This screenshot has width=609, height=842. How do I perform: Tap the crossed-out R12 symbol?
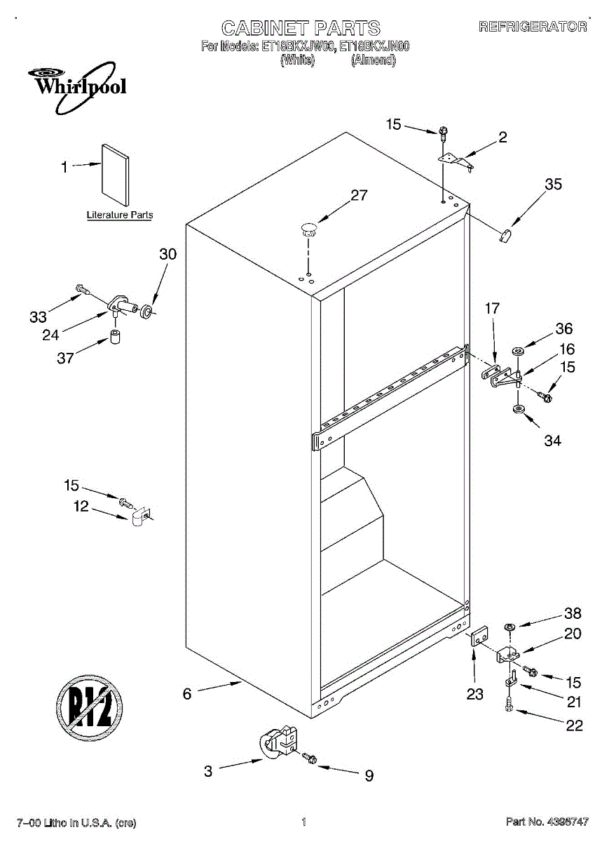pos(90,703)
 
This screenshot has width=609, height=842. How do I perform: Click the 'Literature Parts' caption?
pos(119,215)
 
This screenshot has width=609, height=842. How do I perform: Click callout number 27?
pos(359,196)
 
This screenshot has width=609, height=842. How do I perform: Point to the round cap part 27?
pos(307,227)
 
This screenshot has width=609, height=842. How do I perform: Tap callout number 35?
pos(553,185)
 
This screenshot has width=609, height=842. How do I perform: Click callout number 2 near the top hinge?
pos(502,138)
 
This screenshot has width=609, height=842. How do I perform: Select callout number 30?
pos(167,255)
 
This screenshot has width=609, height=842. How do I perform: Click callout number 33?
pos(38,316)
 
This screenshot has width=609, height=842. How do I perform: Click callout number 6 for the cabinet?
pos(187,694)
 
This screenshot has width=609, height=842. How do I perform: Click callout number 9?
pos(369,775)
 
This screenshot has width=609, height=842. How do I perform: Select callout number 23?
pos(475,694)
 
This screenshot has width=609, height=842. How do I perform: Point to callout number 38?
pos(573,613)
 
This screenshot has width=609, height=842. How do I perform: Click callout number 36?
pos(564,328)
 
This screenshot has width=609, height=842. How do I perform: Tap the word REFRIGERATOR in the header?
pos(533,27)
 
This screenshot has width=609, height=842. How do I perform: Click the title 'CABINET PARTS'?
pos(301,28)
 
